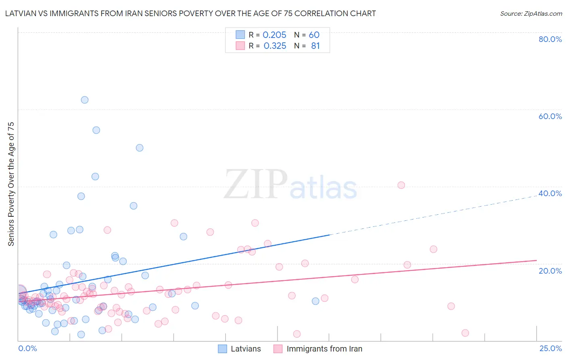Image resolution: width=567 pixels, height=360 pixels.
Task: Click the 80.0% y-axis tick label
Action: pyautogui.click(x=550, y=39)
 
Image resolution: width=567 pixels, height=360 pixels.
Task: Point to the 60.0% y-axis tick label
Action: pyautogui.click(x=550, y=116)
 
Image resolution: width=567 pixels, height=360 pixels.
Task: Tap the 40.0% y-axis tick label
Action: pyautogui.click(x=550, y=193)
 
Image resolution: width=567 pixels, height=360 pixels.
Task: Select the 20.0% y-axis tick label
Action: pyautogui.click(x=550, y=271)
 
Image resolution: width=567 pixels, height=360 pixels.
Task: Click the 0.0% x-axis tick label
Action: pyautogui.click(x=27, y=349)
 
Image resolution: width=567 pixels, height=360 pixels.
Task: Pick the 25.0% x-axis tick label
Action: pyautogui.click(x=550, y=349)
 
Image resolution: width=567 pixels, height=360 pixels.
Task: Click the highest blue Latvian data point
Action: pyautogui.click(x=85, y=100)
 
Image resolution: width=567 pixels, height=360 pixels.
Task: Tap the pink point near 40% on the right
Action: pyautogui.click(x=401, y=185)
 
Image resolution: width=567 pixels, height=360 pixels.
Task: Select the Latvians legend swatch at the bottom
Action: pyautogui.click(x=223, y=349)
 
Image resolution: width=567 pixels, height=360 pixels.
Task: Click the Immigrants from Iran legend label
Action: pyautogui.click(x=324, y=349)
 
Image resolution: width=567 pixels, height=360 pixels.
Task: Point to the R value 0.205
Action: pyautogui.click(x=274, y=35)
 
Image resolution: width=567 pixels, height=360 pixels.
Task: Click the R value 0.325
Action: pyautogui.click(x=275, y=46)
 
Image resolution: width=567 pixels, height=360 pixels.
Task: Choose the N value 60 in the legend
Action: pyautogui.click(x=314, y=35)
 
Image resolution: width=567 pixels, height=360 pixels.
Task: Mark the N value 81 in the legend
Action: pyautogui.click(x=315, y=46)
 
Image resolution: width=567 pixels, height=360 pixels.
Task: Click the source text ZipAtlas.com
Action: pyautogui.click(x=531, y=14)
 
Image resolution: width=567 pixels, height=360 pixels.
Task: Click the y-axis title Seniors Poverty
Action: pyautogui.click(x=11, y=184)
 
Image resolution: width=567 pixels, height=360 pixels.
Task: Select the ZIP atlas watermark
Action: pyautogui.click(x=290, y=185)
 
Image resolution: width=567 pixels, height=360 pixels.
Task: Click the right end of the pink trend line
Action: pyautogui.click(x=536, y=260)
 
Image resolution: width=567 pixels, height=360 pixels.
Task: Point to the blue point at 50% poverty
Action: pyautogui.click(x=140, y=148)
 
